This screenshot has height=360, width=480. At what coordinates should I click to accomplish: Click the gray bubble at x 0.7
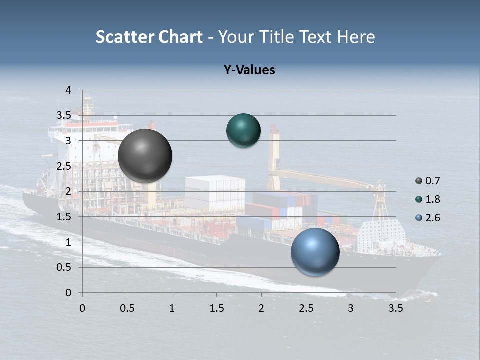pyautogui.click(x=145, y=156)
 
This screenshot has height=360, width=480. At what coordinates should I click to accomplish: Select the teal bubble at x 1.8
pyautogui.click(x=243, y=130)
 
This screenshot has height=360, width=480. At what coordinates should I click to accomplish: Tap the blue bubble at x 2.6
pyautogui.click(x=315, y=252)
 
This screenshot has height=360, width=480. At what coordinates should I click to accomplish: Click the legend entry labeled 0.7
pyautogui.click(x=428, y=181)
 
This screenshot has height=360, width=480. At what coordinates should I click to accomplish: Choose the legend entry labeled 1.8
pyautogui.click(x=428, y=199)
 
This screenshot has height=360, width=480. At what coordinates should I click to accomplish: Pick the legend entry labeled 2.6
pyautogui.click(x=428, y=218)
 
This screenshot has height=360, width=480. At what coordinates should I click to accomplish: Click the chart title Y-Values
pyautogui.click(x=249, y=70)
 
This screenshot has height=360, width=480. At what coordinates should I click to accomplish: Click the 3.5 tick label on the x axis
pyautogui.click(x=395, y=309)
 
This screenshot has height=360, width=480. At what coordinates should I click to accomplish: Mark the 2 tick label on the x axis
pyautogui.click(x=261, y=309)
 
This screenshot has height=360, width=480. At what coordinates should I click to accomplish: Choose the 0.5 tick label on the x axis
pyautogui.click(x=127, y=309)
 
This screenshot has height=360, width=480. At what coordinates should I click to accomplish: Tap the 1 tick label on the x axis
pyautogui.click(x=172, y=309)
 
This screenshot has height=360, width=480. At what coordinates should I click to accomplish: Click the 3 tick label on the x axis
pyautogui.click(x=350, y=309)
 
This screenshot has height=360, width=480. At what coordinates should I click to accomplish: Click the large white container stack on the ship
pyautogui.click(x=215, y=192)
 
